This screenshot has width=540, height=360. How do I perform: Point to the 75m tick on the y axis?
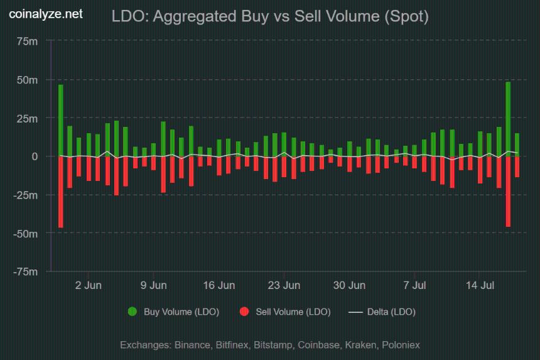tap(27, 41)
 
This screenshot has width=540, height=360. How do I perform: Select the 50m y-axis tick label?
tap(27, 80)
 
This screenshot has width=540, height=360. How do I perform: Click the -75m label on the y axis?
tap(26, 271)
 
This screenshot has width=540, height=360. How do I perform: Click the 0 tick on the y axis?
tap(35, 156)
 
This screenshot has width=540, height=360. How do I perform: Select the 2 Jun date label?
tap(88, 285)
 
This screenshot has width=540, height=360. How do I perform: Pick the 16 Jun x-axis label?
tap(219, 285)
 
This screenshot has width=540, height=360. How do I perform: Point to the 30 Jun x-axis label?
tap(349, 285)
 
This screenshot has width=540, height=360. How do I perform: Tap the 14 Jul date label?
tap(479, 285)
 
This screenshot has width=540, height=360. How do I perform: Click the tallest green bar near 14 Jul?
tap(508, 119)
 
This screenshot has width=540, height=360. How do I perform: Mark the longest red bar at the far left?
tap(61, 192)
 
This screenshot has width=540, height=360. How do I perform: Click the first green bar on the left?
tap(61, 121)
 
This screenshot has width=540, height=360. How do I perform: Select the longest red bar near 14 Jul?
tap(508, 191)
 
